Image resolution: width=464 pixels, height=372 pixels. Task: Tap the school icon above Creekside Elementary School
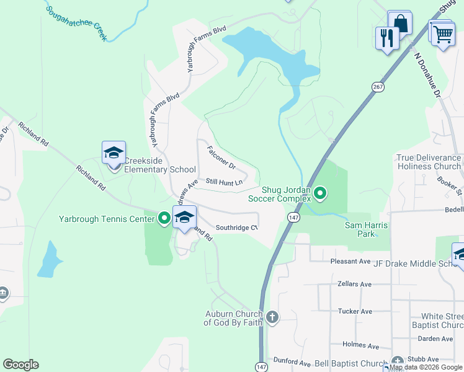pyautogui.click(x=114, y=153)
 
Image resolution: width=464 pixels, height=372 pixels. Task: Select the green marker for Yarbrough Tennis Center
pyautogui.click(x=164, y=218)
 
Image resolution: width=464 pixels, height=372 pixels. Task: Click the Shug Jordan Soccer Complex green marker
pyautogui.click(x=320, y=194)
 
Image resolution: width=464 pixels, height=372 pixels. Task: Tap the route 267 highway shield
pyautogui.click(x=378, y=87)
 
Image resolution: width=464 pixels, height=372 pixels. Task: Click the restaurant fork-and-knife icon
pyautogui.click(x=386, y=38)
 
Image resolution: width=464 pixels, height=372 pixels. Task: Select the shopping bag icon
pyautogui.click(x=400, y=24)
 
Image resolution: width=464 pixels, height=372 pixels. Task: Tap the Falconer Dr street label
pyautogui.click(x=221, y=158)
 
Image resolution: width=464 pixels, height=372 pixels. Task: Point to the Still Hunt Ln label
pyautogui.click(x=224, y=182)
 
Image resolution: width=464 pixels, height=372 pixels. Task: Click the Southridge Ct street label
pyautogui.click(x=236, y=228)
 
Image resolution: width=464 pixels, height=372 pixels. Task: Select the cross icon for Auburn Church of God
pyautogui.click(x=272, y=318)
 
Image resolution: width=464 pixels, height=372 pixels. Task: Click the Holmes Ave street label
pyautogui.click(x=360, y=346)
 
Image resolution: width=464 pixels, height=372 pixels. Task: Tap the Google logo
pyautogui.click(x=21, y=365)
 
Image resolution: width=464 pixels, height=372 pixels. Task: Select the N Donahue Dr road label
pyautogui.click(x=427, y=76)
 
